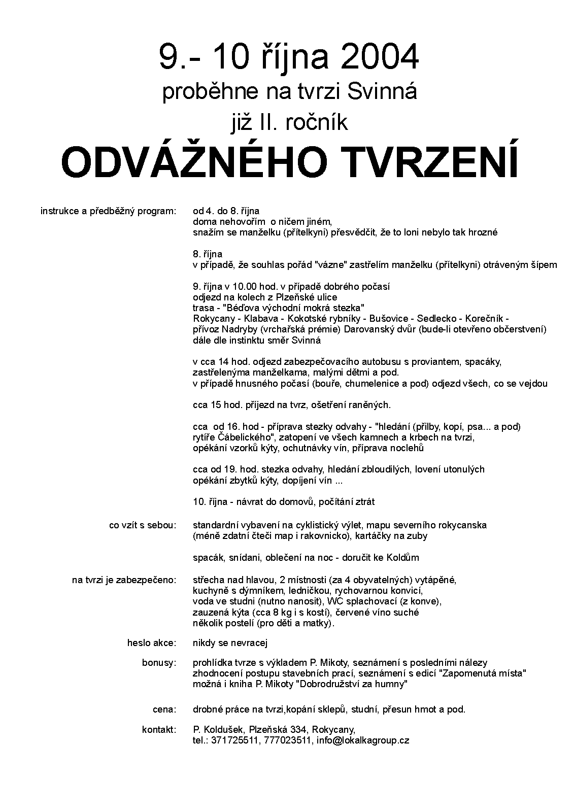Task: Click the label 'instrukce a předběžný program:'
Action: [x=108, y=211]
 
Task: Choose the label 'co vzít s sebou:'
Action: [x=143, y=525]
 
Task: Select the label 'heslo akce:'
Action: [x=152, y=643]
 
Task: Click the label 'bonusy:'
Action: [x=159, y=662]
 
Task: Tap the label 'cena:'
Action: [x=164, y=709]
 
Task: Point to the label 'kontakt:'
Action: [x=159, y=729]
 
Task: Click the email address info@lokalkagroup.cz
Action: [x=363, y=740]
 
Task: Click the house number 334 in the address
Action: [x=299, y=729]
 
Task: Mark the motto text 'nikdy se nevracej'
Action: [x=230, y=643]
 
